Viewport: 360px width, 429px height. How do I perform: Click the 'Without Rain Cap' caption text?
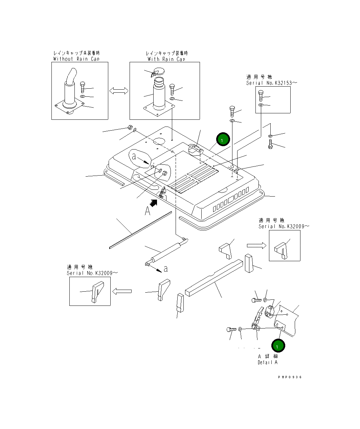pos(76,59)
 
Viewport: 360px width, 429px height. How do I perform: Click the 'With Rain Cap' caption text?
pos(166,59)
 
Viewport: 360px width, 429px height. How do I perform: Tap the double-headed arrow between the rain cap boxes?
pos(119,91)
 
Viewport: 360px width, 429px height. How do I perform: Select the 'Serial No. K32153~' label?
pos(271,83)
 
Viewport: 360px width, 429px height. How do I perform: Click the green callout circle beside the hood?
pos(223,139)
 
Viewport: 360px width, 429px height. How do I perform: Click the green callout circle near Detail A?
pos(278,345)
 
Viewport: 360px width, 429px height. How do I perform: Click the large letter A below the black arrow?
pos(148,211)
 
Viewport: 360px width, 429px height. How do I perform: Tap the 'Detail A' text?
pos(268,362)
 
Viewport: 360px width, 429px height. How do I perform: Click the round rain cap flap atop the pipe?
pos(158,72)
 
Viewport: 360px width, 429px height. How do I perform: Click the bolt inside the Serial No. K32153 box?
pos(261,95)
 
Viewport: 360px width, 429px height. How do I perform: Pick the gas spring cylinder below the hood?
pos(166,252)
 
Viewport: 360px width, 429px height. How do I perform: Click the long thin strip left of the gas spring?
pos(140,230)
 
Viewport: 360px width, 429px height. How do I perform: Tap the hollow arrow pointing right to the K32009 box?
pos(256,246)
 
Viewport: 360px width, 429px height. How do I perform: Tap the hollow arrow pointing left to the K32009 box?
pos(122,291)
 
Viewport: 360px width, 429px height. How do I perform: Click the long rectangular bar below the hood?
pos(214,278)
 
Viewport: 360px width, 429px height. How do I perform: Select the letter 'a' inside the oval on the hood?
pos(134,156)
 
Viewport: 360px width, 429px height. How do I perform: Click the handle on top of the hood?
pos(196,150)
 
